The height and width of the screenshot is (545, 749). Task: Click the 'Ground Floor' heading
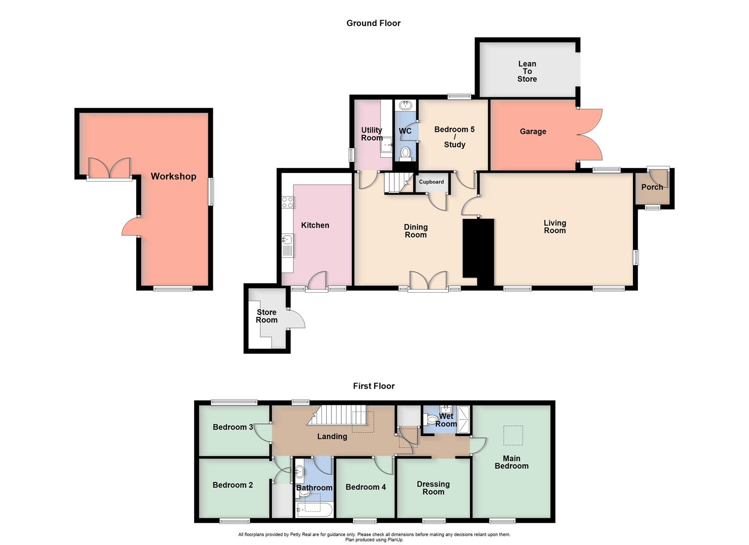point(373,23)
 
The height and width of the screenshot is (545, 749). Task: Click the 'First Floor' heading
point(373,386)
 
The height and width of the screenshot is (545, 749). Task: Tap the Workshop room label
point(173,177)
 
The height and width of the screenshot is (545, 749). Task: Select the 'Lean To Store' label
point(527,71)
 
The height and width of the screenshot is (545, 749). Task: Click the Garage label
point(533,132)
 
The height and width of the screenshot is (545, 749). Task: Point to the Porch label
point(652,187)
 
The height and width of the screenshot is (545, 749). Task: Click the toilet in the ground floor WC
point(405,152)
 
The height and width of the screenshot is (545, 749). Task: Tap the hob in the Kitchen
point(287,202)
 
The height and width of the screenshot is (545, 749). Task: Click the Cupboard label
point(431,182)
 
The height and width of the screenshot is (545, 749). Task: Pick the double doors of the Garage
point(589,135)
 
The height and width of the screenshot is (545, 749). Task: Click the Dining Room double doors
point(428,281)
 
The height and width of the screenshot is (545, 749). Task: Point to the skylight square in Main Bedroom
point(513,435)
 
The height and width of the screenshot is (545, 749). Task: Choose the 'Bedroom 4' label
point(366,487)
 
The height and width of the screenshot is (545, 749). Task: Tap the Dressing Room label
point(433,488)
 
